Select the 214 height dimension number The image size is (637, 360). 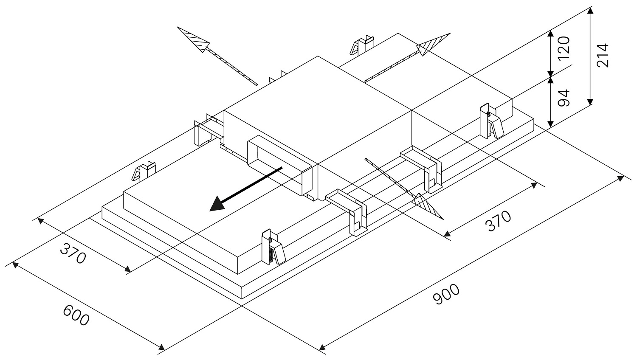tap(603, 55)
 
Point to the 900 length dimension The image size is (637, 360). tap(446, 294)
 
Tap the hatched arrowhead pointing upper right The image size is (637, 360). tap(434, 44)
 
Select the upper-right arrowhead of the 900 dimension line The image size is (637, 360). tap(620, 178)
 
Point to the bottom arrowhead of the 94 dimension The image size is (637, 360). tap(550, 124)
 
